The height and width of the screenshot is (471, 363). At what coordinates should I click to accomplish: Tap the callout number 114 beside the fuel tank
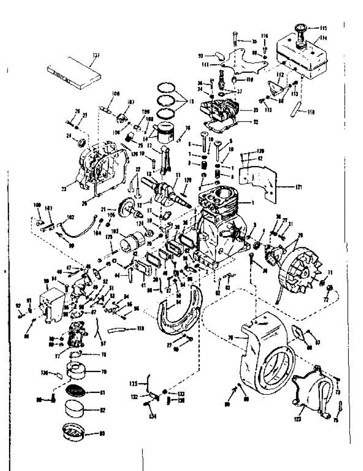pyautogui.click(x=323, y=38)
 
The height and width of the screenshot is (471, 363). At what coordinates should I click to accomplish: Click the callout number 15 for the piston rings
pyautogui.click(x=191, y=101)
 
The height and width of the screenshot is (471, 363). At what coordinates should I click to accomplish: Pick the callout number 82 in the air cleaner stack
pyautogui.click(x=103, y=410)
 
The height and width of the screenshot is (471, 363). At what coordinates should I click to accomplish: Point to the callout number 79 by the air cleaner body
pyautogui.click(x=104, y=371)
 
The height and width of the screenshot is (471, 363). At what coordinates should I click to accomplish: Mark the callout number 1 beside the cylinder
pyautogui.click(x=253, y=202)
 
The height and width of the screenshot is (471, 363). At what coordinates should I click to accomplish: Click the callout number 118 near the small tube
pyautogui.click(x=140, y=327)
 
